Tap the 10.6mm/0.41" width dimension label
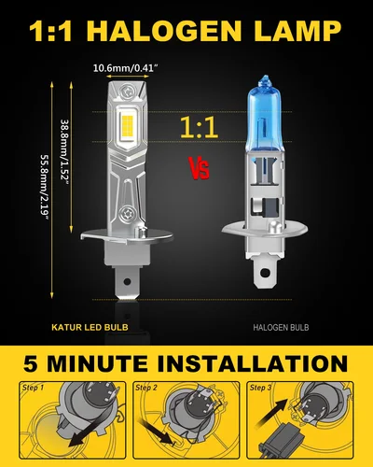133,68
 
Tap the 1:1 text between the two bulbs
198,128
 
